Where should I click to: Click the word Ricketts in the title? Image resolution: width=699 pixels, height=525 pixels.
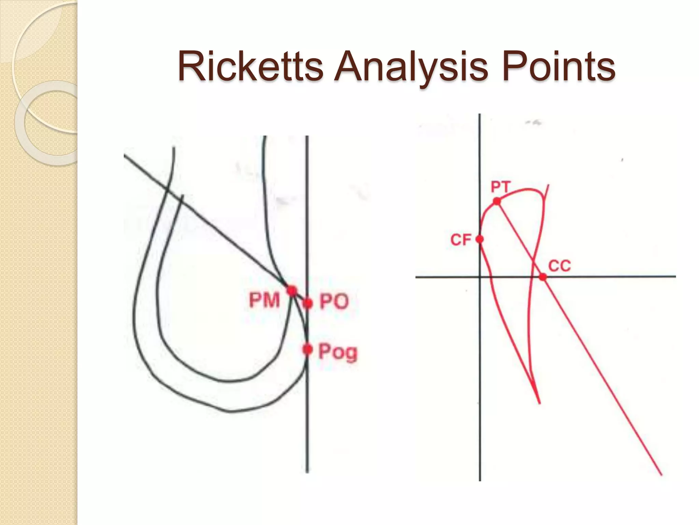[250, 67]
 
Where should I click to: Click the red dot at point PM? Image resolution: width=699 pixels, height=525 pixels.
[291, 291]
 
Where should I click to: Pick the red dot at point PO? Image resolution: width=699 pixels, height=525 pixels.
[308, 303]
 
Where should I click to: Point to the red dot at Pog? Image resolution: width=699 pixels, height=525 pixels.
[308, 349]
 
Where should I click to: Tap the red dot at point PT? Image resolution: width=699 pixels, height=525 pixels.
[497, 201]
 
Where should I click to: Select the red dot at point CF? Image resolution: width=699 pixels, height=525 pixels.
[480, 239]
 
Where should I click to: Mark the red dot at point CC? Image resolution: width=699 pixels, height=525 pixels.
[542, 277]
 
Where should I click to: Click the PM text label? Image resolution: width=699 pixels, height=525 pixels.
[264, 301]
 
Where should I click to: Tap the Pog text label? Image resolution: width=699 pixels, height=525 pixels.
[338, 352]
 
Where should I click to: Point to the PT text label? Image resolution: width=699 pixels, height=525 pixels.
[500, 187]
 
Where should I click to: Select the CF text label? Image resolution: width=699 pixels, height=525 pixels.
[461, 240]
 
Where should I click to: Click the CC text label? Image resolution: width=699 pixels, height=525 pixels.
[559, 266]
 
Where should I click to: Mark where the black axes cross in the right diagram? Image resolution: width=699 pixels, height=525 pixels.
[480, 277]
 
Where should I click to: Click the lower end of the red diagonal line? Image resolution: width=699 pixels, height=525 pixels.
[661, 474]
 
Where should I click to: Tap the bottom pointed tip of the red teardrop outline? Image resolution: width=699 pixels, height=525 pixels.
[539, 403]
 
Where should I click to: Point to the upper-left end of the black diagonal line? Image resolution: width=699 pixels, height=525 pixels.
[125, 156]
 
